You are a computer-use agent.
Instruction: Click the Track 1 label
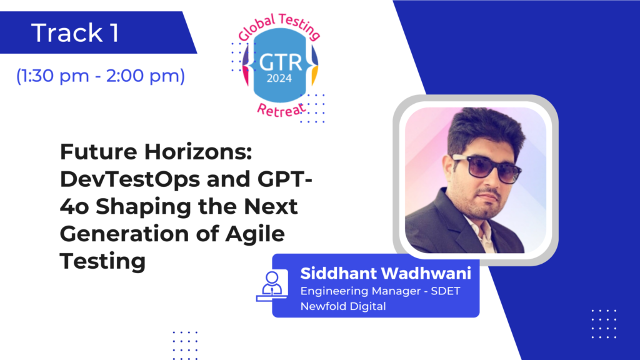coord(75,32)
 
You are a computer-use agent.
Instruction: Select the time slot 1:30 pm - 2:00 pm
coord(101,76)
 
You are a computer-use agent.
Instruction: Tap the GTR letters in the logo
coord(281,62)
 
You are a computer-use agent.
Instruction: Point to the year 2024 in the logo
coord(279,78)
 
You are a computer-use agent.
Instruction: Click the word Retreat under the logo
coord(281,110)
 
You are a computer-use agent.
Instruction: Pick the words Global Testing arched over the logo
coord(279,26)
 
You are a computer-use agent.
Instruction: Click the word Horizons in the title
coord(198,152)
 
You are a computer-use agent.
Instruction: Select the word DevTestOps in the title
coord(132,179)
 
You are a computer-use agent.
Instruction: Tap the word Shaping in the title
coord(143,207)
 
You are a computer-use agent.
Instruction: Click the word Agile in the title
coord(255,234)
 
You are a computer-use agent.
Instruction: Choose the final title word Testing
coord(103,262)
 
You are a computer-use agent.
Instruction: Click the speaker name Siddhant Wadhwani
coord(386,274)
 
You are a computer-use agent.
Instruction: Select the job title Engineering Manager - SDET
coord(380,291)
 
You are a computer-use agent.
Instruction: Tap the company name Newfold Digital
coord(343,306)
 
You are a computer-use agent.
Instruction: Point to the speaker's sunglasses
coord(486,167)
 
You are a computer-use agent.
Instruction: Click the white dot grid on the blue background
coord(604,324)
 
